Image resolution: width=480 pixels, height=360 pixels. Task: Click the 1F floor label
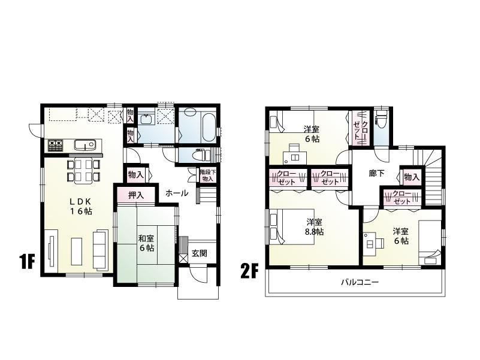[x=26, y=262]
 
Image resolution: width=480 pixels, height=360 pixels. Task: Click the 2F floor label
[x=249, y=270]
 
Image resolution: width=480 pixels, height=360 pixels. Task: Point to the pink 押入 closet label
[x=136, y=195]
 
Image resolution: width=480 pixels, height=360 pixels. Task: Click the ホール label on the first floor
[x=177, y=193]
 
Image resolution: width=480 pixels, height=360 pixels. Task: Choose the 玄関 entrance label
[x=200, y=253]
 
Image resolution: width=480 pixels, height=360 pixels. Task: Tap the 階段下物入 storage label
[x=207, y=175]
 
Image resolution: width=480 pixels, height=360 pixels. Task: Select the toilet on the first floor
[x=198, y=155]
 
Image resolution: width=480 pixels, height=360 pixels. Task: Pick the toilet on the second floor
[x=381, y=123]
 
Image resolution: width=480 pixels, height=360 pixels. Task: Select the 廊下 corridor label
[x=376, y=174]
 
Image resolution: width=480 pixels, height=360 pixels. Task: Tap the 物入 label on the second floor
[x=411, y=177]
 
